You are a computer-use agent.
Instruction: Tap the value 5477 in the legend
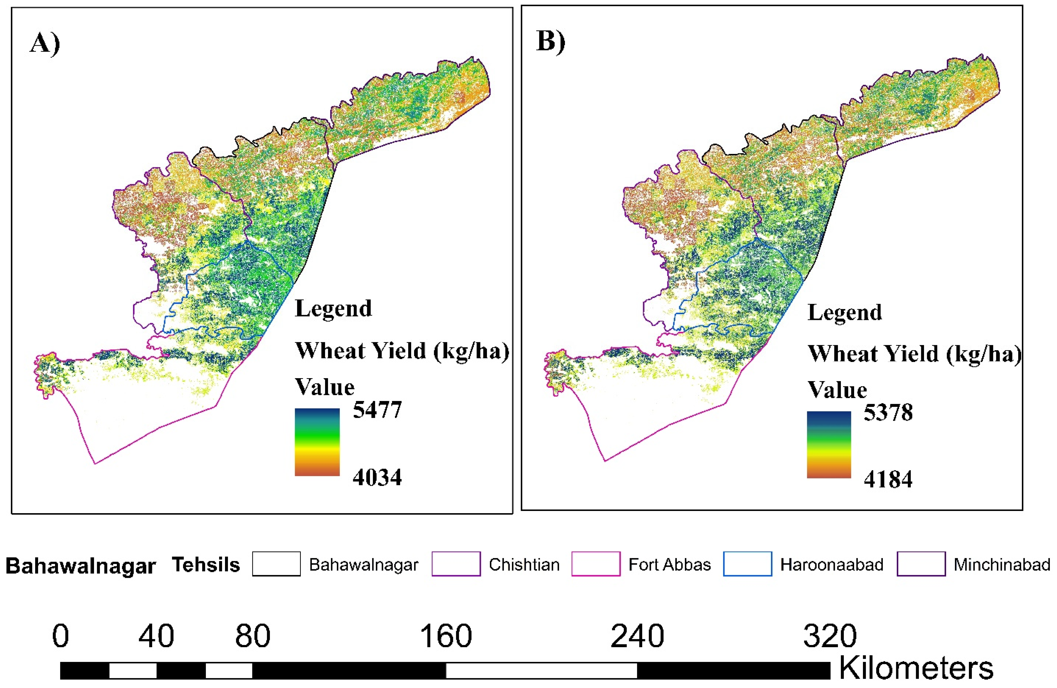[377, 409]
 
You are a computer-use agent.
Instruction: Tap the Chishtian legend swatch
[456, 564]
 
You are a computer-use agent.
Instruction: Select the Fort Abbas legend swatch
[596, 564]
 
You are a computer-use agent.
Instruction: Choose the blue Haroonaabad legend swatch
[747, 564]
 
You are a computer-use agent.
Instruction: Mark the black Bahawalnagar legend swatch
[276, 564]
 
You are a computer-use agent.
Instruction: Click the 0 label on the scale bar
[61, 636]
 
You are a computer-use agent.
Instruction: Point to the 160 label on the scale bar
[446, 636]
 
